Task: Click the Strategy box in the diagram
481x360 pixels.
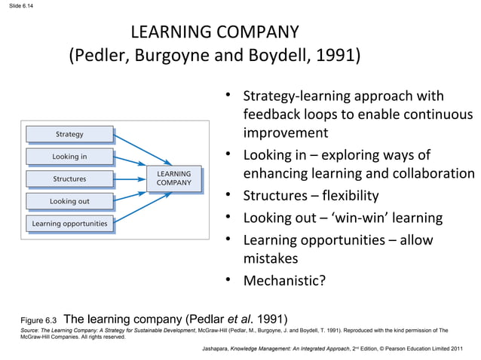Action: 69,134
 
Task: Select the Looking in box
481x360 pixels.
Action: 69,157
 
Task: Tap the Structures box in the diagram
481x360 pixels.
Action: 69,179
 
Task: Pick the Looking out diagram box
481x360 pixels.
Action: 69,201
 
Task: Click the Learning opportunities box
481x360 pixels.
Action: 69,224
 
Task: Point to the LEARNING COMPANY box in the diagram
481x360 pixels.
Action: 173,178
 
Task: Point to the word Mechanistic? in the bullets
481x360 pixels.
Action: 284,282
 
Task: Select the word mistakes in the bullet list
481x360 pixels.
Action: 271,258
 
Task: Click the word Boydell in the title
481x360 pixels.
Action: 290,56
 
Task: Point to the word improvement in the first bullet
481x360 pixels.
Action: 286,133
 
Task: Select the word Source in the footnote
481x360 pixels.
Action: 29,331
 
